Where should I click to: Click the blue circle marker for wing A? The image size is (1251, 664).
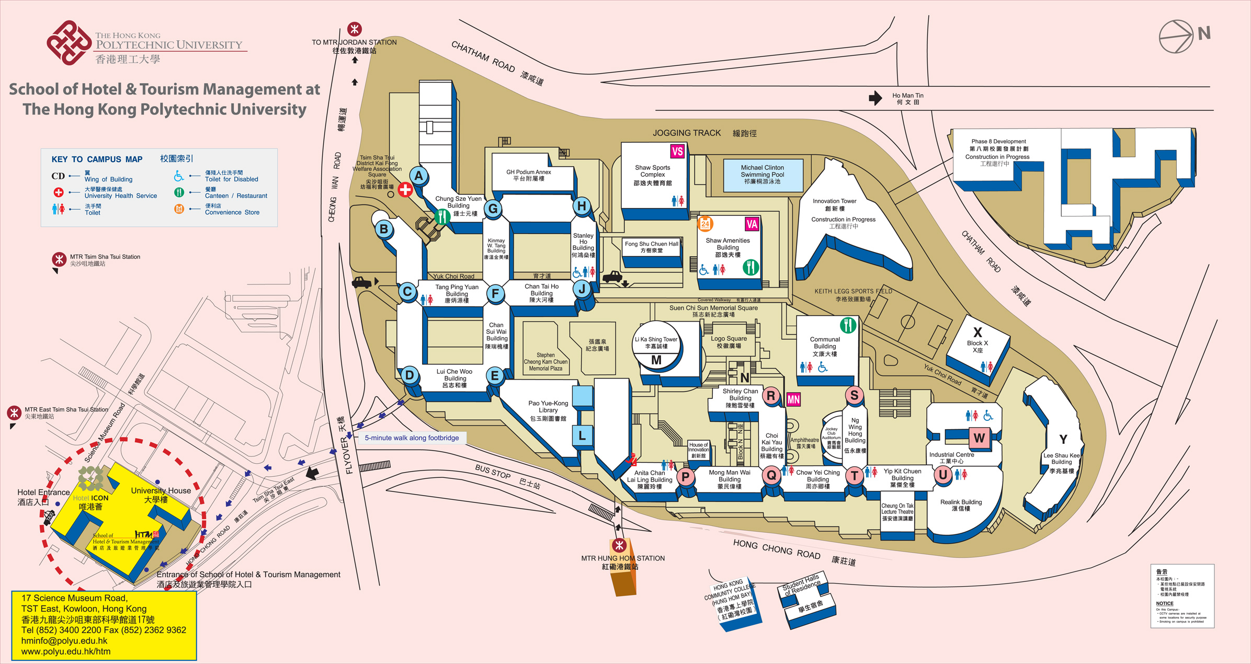pos(418,176)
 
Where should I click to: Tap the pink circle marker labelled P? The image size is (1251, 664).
pos(685,476)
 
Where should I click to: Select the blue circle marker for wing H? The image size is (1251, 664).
pos(582,206)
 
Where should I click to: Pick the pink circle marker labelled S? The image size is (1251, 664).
pos(854,395)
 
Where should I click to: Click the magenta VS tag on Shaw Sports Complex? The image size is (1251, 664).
pos(677,152)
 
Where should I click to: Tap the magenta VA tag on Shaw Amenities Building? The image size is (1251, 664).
pos(752,224)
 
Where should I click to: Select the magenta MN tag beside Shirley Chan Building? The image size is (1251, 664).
pos(793,400)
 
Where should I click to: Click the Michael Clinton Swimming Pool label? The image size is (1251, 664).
pos(762,175)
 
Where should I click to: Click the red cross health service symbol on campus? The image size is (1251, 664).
pos(405,190)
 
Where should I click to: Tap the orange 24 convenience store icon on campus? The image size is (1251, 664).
pos(705,224)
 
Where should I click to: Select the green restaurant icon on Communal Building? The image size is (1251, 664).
pos(848,325)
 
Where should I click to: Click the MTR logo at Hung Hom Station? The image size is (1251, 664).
pos(620,546)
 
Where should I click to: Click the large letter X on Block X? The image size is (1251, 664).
pos(977,332)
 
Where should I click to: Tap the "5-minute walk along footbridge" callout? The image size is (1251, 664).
pos(412,438)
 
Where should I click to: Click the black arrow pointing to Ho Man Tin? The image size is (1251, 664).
pos(875,98)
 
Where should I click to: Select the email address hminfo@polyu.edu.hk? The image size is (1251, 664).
pos(64,640)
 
